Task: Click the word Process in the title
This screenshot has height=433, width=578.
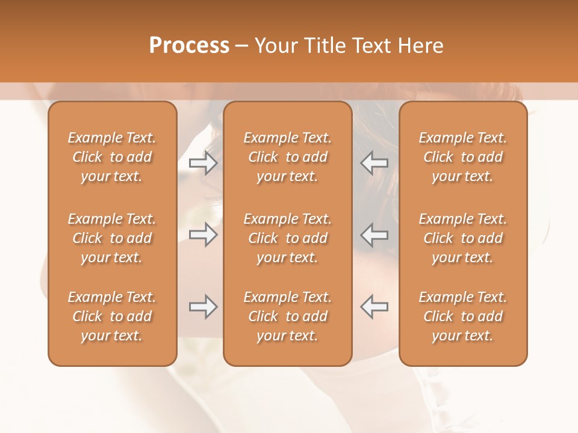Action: (189, 46)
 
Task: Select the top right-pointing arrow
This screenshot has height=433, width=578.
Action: (203, 162)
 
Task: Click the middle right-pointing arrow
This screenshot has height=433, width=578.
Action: (203, 235)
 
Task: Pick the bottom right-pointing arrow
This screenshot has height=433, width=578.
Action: (203, 307)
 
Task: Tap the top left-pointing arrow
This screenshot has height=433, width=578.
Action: (374, 162)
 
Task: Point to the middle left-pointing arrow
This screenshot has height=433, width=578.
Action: (374, 235)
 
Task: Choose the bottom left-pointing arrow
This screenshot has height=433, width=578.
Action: (374, 307)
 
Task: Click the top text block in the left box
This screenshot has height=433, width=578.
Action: (112, 157)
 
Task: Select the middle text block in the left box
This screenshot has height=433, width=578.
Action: (112, 238)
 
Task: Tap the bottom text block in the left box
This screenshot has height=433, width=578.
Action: (112, 316)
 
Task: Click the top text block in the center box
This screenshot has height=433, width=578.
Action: (288, 157)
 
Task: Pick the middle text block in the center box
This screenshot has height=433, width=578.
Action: (288, 238)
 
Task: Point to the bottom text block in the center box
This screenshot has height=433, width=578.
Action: (288, 316)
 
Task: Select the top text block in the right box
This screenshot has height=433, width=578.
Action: (463, 157)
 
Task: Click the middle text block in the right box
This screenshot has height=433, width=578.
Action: (463, 238)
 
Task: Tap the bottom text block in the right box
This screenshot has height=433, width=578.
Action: (463, 316)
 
